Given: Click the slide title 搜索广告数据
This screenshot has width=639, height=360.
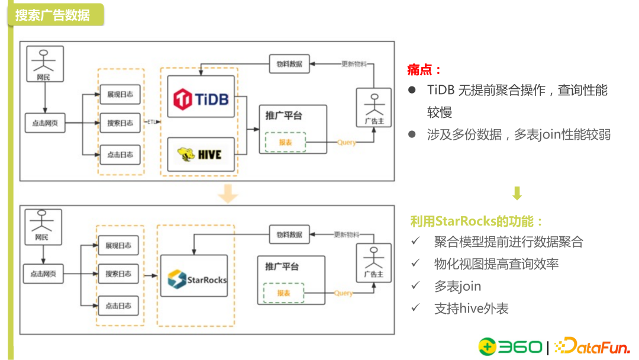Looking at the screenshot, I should point(53,15).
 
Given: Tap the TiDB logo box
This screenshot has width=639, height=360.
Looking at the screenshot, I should point(201,97).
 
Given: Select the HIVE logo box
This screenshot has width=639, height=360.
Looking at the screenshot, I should point(201,155).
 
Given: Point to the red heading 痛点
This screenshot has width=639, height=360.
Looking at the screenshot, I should point(424,70).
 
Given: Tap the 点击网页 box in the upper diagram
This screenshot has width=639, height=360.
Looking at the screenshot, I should point(44,124).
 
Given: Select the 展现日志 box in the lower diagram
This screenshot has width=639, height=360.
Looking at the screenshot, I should point(118,245).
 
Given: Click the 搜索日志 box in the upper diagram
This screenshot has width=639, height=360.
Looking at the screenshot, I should point(120,124).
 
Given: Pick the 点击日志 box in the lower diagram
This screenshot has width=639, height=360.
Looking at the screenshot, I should point(118,306).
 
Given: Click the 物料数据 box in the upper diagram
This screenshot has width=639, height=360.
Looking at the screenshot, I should point(289,64).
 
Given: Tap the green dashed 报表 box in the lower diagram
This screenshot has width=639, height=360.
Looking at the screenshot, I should point(283,293).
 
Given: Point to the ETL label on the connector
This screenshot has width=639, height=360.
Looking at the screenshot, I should point(152,123).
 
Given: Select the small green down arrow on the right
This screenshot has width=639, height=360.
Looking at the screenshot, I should point(517,194).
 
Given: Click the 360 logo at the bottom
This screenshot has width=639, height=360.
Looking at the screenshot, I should point(510,346).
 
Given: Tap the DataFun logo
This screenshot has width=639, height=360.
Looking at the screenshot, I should point(592,346).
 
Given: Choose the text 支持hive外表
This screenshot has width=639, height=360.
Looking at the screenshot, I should point(471,308).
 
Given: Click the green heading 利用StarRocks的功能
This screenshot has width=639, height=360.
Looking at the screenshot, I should point(477,221).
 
